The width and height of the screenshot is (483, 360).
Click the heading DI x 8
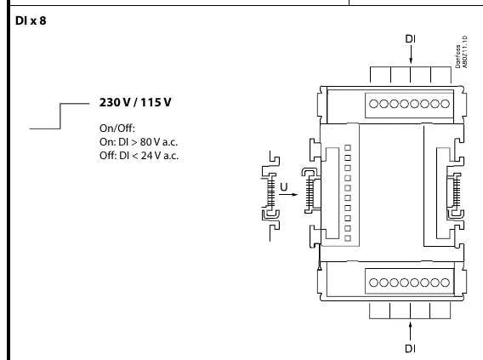click(31, 20)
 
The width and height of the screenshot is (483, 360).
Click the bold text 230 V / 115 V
click(135, 102)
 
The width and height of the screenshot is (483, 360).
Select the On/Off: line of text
click(117, 128)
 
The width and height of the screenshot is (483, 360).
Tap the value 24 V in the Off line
click(151, 156)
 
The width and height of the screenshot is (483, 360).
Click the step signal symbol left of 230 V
click(60, 116)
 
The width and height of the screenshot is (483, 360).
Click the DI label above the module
click(411, 39)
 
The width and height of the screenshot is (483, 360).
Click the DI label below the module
click(411, 349)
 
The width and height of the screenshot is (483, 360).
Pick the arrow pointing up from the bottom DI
click(411, 331)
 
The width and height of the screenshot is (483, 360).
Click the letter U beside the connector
click(284, 187)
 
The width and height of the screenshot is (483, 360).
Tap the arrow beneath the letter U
click(288, 195)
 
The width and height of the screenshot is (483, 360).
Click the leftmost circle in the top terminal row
click(373, 104)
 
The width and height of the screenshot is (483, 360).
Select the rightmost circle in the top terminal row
click(445, 104)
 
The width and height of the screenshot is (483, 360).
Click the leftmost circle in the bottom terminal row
click(373, 283)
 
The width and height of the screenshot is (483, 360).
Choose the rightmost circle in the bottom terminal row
click(445, 283)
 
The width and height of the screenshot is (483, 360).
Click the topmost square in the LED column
click(348, 148)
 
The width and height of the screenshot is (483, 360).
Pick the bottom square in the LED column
click(348, 238)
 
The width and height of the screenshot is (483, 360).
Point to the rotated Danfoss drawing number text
click(462, 52)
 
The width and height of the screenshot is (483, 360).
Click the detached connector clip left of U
click(271, 196)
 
